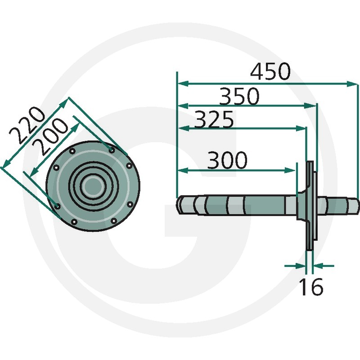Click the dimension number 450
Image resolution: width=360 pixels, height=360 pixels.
pos(270,71)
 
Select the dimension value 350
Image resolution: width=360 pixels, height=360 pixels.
pos(239,96)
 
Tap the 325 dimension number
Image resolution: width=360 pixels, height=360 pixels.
pos(214,119)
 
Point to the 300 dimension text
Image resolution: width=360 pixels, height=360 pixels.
pos(227,160)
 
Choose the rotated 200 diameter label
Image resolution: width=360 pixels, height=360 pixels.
pos(50,136)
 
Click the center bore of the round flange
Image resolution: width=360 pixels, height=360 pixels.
pos(93,186)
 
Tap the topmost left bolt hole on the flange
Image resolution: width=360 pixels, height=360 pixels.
pos(72,151)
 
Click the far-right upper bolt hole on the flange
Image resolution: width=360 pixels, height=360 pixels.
pos(129,166)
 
